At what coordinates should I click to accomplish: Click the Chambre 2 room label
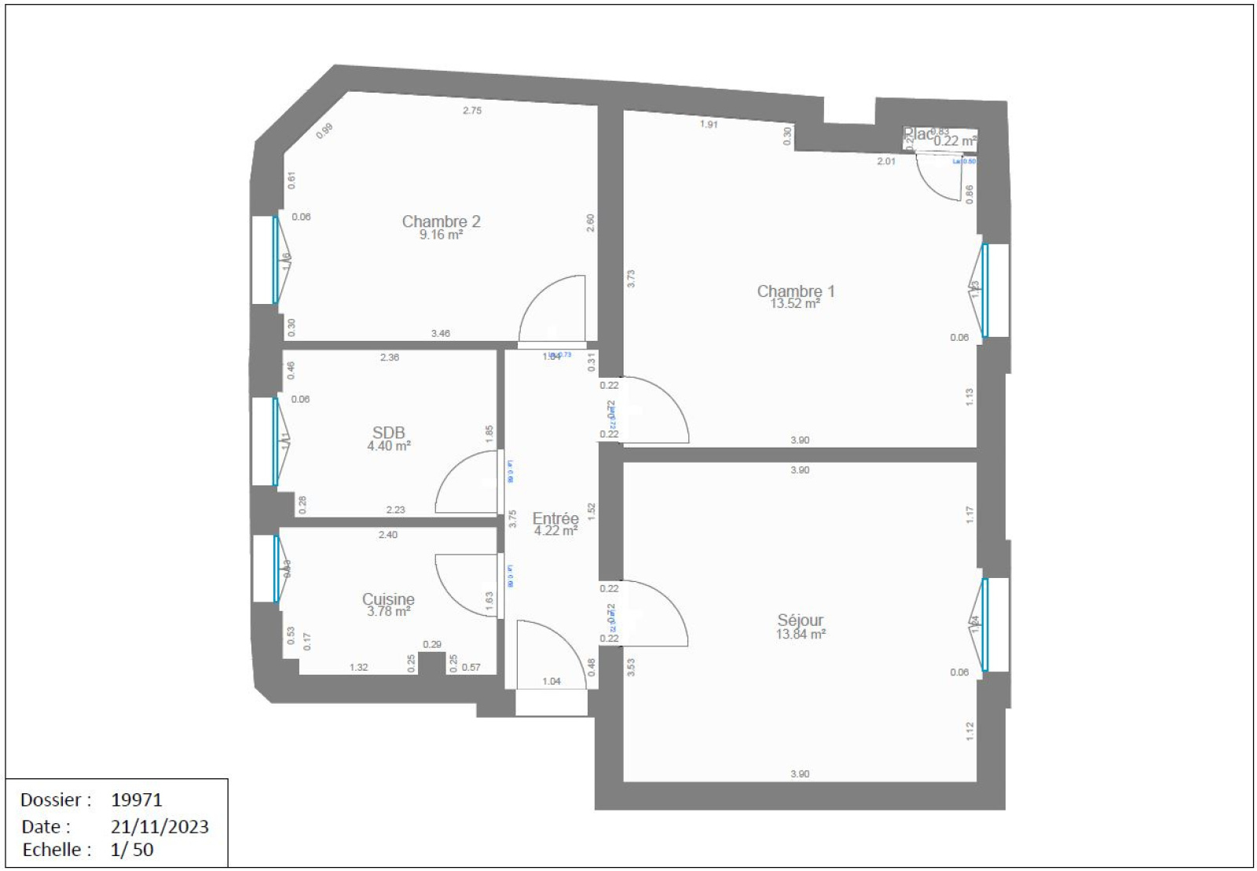[x=441, y=221]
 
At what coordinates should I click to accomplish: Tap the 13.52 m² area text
[x=795, y=304]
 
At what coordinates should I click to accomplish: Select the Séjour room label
[x=801, y=620]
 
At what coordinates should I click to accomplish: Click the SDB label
[x=388, y=433]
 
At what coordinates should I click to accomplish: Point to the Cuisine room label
[x=388, y=599]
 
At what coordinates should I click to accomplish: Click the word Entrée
[x=555, y=518]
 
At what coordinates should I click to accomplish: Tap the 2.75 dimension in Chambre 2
[x=472, y=111]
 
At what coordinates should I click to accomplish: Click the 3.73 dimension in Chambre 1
[x=631, y=278]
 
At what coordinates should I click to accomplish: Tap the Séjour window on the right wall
[x=986, y=624]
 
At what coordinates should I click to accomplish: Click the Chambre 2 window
[x=274, y=260]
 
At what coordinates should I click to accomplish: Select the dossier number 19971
[x=137, y=800]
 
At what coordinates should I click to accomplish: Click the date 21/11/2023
[x=159, y=826]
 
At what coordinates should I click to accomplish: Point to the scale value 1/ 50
[x=132, y=849]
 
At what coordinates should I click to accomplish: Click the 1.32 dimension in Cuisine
[x=358, y=668]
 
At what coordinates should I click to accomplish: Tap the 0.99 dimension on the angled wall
[x=324, y=131]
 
